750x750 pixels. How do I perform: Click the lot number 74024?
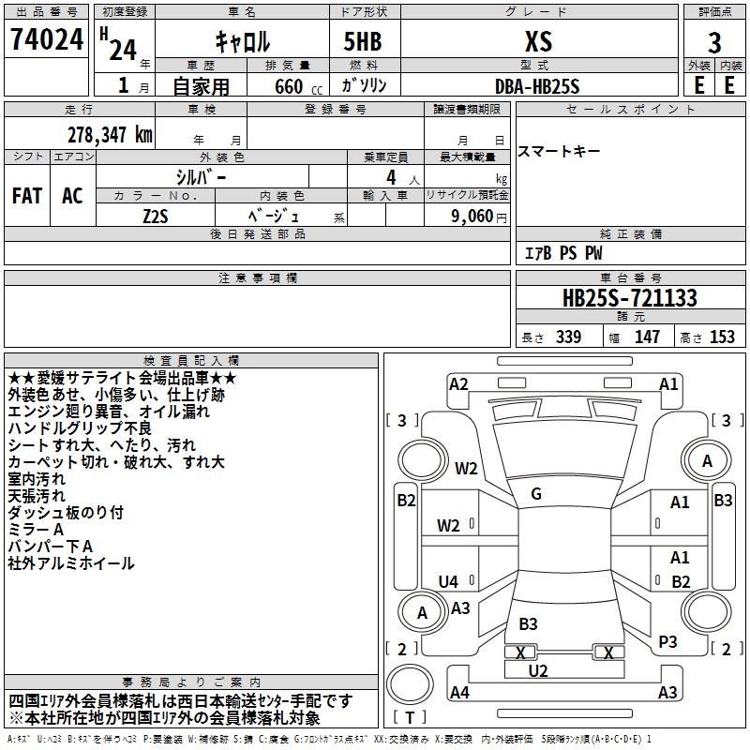[47, 39]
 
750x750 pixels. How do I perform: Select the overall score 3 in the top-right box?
[714, 42]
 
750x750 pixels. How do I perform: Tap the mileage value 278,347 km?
[110, 135]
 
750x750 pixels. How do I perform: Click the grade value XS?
[538, 41]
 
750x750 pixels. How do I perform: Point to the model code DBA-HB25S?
[537, 86]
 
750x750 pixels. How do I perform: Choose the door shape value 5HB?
[363, 41]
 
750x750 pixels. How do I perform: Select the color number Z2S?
[156, 217]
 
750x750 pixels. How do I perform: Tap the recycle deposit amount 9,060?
[472, 217]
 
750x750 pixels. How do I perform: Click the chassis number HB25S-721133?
[630, 298]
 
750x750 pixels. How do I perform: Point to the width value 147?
[647, 337]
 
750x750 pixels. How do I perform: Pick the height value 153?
[722, 337]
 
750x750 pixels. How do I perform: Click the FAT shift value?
[27, 196]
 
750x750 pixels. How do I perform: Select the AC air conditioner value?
[72, 196]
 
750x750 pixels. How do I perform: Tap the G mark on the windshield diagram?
[536, 494]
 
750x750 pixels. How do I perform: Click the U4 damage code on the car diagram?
[448, 581]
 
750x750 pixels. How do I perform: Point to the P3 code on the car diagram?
[667, 642]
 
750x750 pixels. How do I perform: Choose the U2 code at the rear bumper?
[538, 671]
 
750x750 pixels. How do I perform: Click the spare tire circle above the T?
[410, 683]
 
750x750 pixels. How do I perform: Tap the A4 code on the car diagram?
[459, 692]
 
